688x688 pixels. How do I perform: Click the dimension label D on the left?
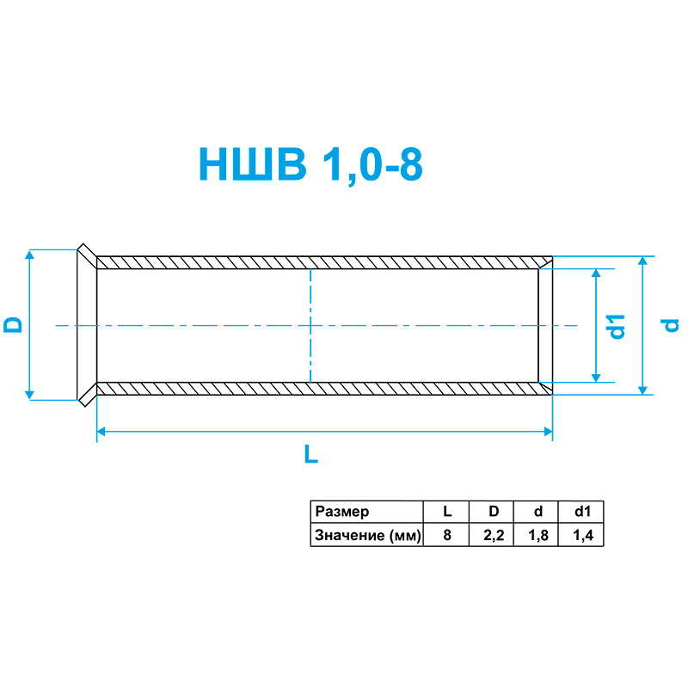[x=13, y=325]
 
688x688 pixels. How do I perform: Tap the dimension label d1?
[x=616, y=326]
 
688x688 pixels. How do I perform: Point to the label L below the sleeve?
[x=311, y=455]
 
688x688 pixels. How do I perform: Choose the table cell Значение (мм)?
[x=367, y=536]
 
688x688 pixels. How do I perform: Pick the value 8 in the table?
[x=447, y=536]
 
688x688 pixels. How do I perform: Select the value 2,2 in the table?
[x=493, y=536]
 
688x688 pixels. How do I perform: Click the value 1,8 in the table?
[x=537, y=536]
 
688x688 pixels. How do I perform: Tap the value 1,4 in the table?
[x=582, y=536]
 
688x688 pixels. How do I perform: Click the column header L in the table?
[x=447, y=512]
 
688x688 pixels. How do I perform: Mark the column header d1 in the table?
[x=582, y=512]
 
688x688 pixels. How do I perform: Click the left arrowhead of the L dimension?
[x=101, y=432]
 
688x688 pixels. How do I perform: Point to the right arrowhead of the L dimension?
[x=547, y=432]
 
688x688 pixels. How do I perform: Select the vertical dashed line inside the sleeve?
[x=310, y=327]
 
